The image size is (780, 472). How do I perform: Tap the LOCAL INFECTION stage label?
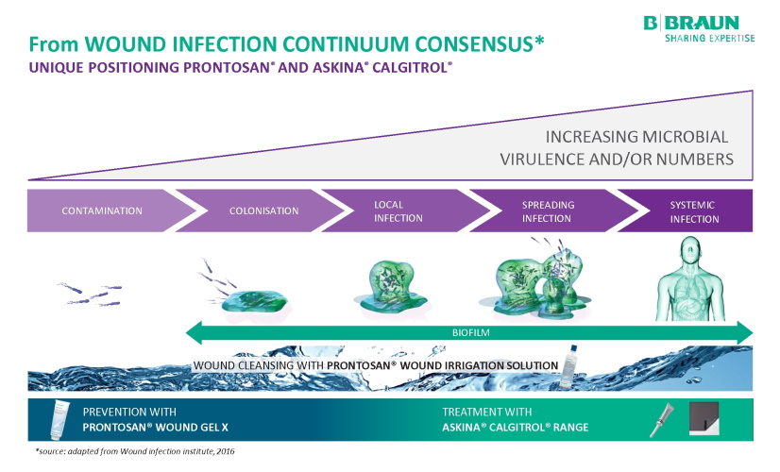(x=398, y=211)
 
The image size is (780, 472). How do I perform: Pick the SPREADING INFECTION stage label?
(x=547, y=211)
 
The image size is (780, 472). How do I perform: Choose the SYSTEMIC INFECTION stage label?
(x=694, y=211)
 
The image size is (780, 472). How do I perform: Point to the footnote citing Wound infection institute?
(x=134, y=452)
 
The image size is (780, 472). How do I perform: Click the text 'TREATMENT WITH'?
(x=487, y=412)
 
